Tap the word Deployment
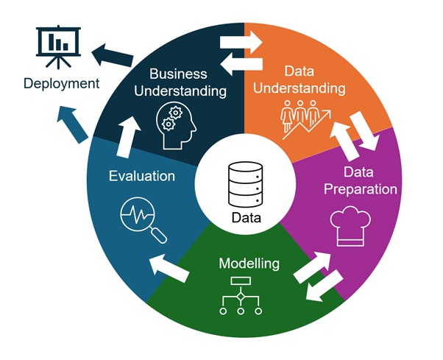pos(61,83)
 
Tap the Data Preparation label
pos(361,181)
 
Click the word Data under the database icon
pos(246,217)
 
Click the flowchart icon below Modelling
pos(241,297)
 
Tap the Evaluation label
pos(142,176)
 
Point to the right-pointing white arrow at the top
pos(242,41)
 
